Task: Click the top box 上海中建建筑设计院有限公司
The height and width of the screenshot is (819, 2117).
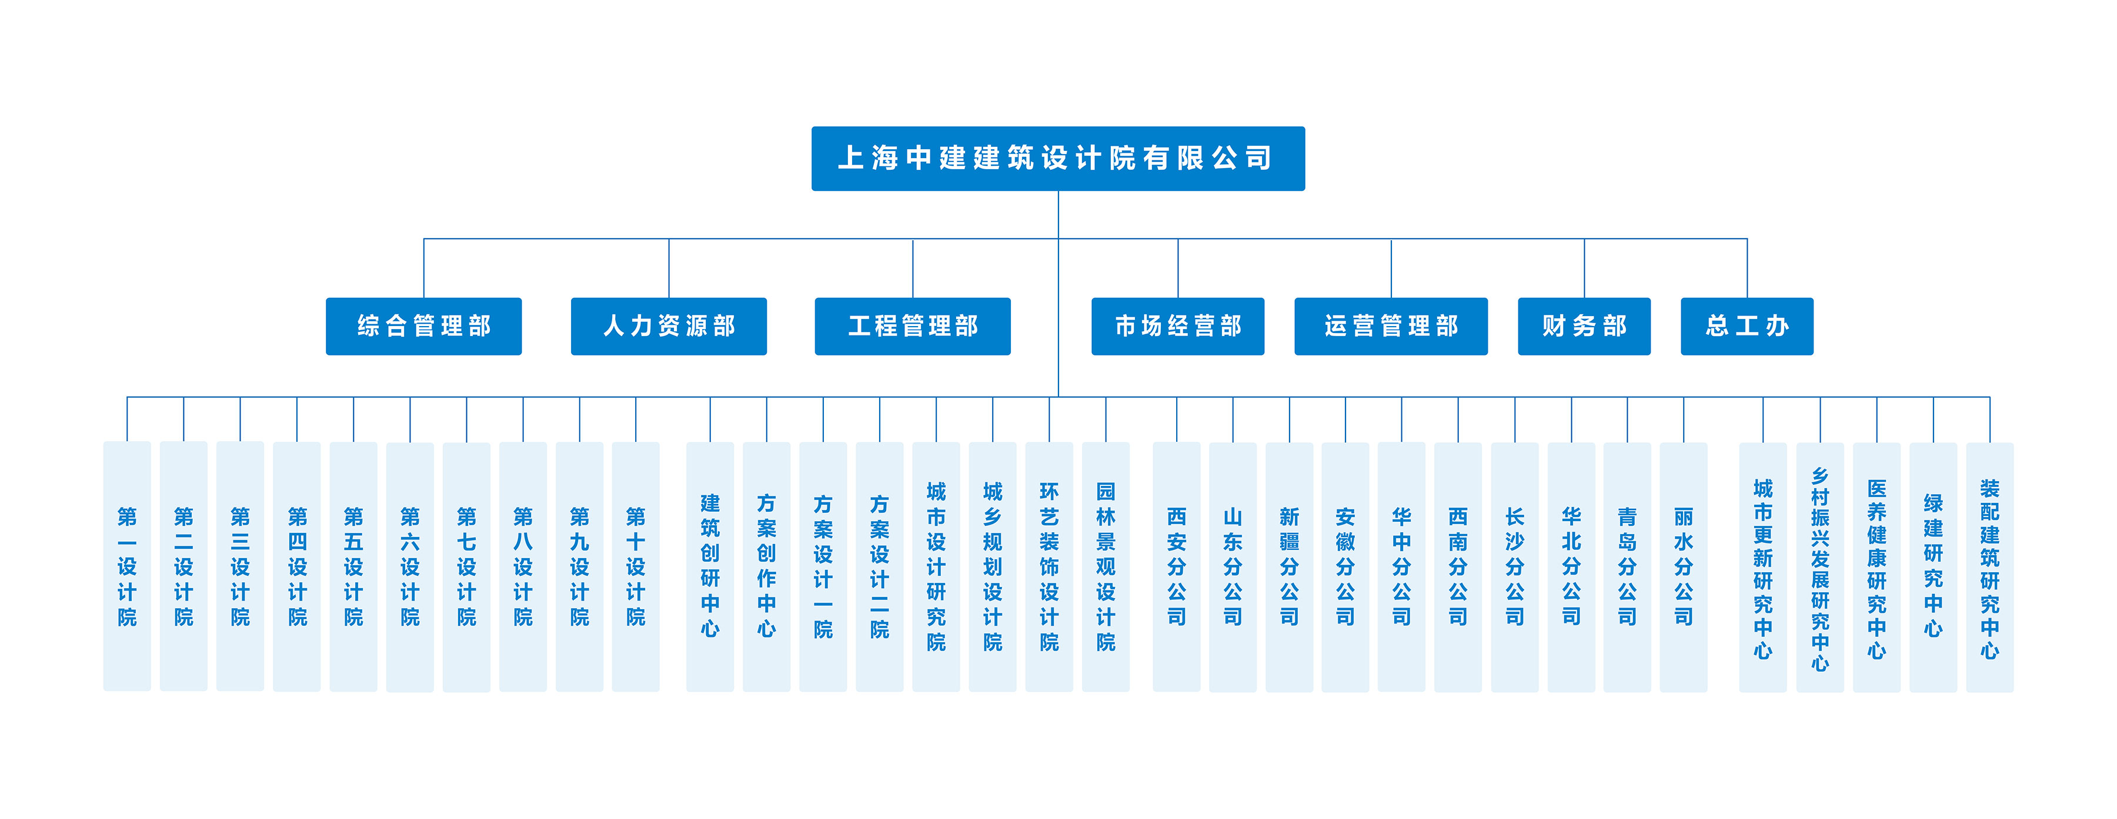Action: click(1058, 159)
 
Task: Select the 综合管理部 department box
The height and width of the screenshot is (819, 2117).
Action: click(423, 326)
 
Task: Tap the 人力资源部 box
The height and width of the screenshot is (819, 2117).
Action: click(668, 326)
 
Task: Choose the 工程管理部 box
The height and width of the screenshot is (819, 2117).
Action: click(912, 326)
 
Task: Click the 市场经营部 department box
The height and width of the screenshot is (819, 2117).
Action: click(1178, 326)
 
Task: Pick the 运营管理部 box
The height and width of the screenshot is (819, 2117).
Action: click(1391, 326)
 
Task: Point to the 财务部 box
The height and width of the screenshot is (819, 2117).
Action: click(1584, 326)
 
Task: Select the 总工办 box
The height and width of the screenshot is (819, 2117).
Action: click(1747, 326)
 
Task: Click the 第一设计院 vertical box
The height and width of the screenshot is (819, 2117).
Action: click(126, 566)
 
